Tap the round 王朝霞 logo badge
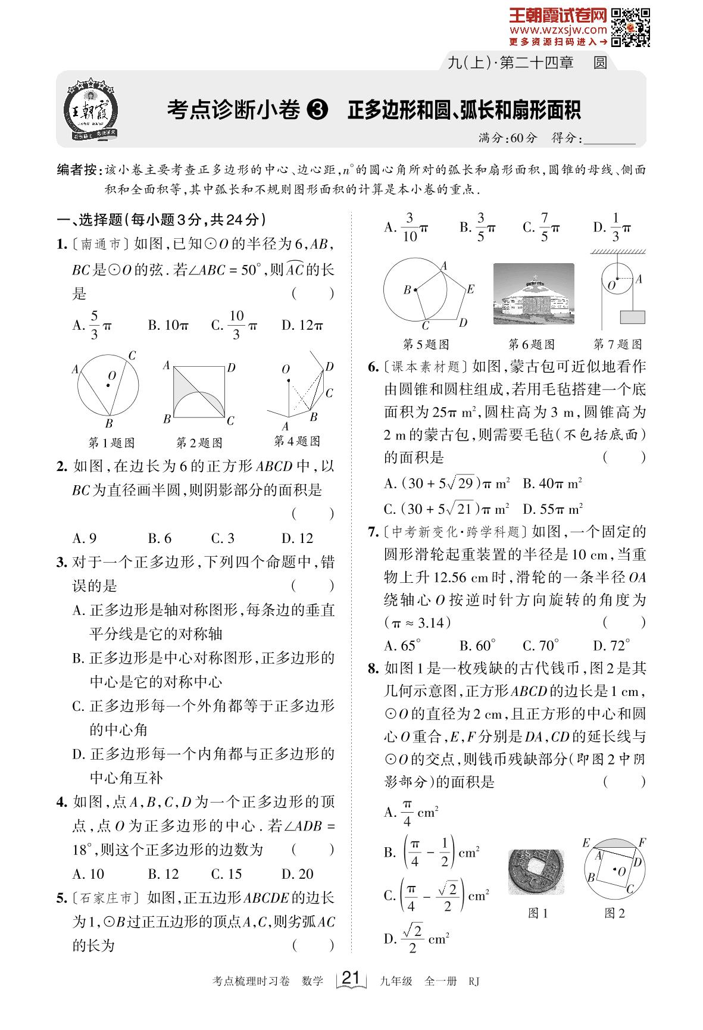90,111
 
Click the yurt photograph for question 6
533,294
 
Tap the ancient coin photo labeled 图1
536,872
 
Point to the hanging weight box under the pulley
632,316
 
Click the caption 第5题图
426,344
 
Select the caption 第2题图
199,442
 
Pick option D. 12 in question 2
297,538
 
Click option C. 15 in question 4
226,873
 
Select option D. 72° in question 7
611,645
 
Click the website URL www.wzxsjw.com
558,29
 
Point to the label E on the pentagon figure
470,289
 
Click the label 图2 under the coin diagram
614,913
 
